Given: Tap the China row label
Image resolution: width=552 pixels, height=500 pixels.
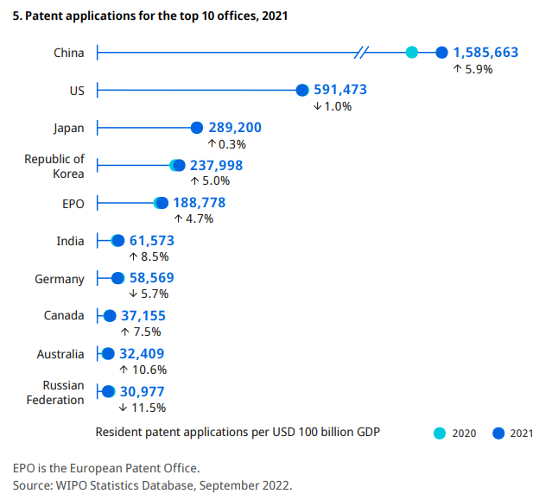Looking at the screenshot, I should [69, 53].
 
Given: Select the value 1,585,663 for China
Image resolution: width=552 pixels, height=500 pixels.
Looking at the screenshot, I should [485, 53].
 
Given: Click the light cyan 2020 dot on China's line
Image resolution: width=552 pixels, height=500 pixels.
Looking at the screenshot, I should [412, 53].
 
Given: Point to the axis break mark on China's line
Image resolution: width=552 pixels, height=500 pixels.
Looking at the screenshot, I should [362, 53].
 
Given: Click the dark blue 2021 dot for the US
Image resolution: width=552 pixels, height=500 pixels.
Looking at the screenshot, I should [302, 90].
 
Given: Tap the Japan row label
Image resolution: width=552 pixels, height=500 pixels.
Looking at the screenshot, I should [69, 128].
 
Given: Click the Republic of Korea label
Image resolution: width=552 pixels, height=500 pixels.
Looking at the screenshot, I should [54, 166].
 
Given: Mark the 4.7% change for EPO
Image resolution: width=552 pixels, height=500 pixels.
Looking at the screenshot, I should [194, 218].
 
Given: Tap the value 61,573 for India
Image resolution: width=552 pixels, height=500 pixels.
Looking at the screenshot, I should [152, 241].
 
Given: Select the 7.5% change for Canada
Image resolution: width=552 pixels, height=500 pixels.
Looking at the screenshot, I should [140, 332].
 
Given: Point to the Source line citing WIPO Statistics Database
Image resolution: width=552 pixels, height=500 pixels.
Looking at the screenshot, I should [153, 485].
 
